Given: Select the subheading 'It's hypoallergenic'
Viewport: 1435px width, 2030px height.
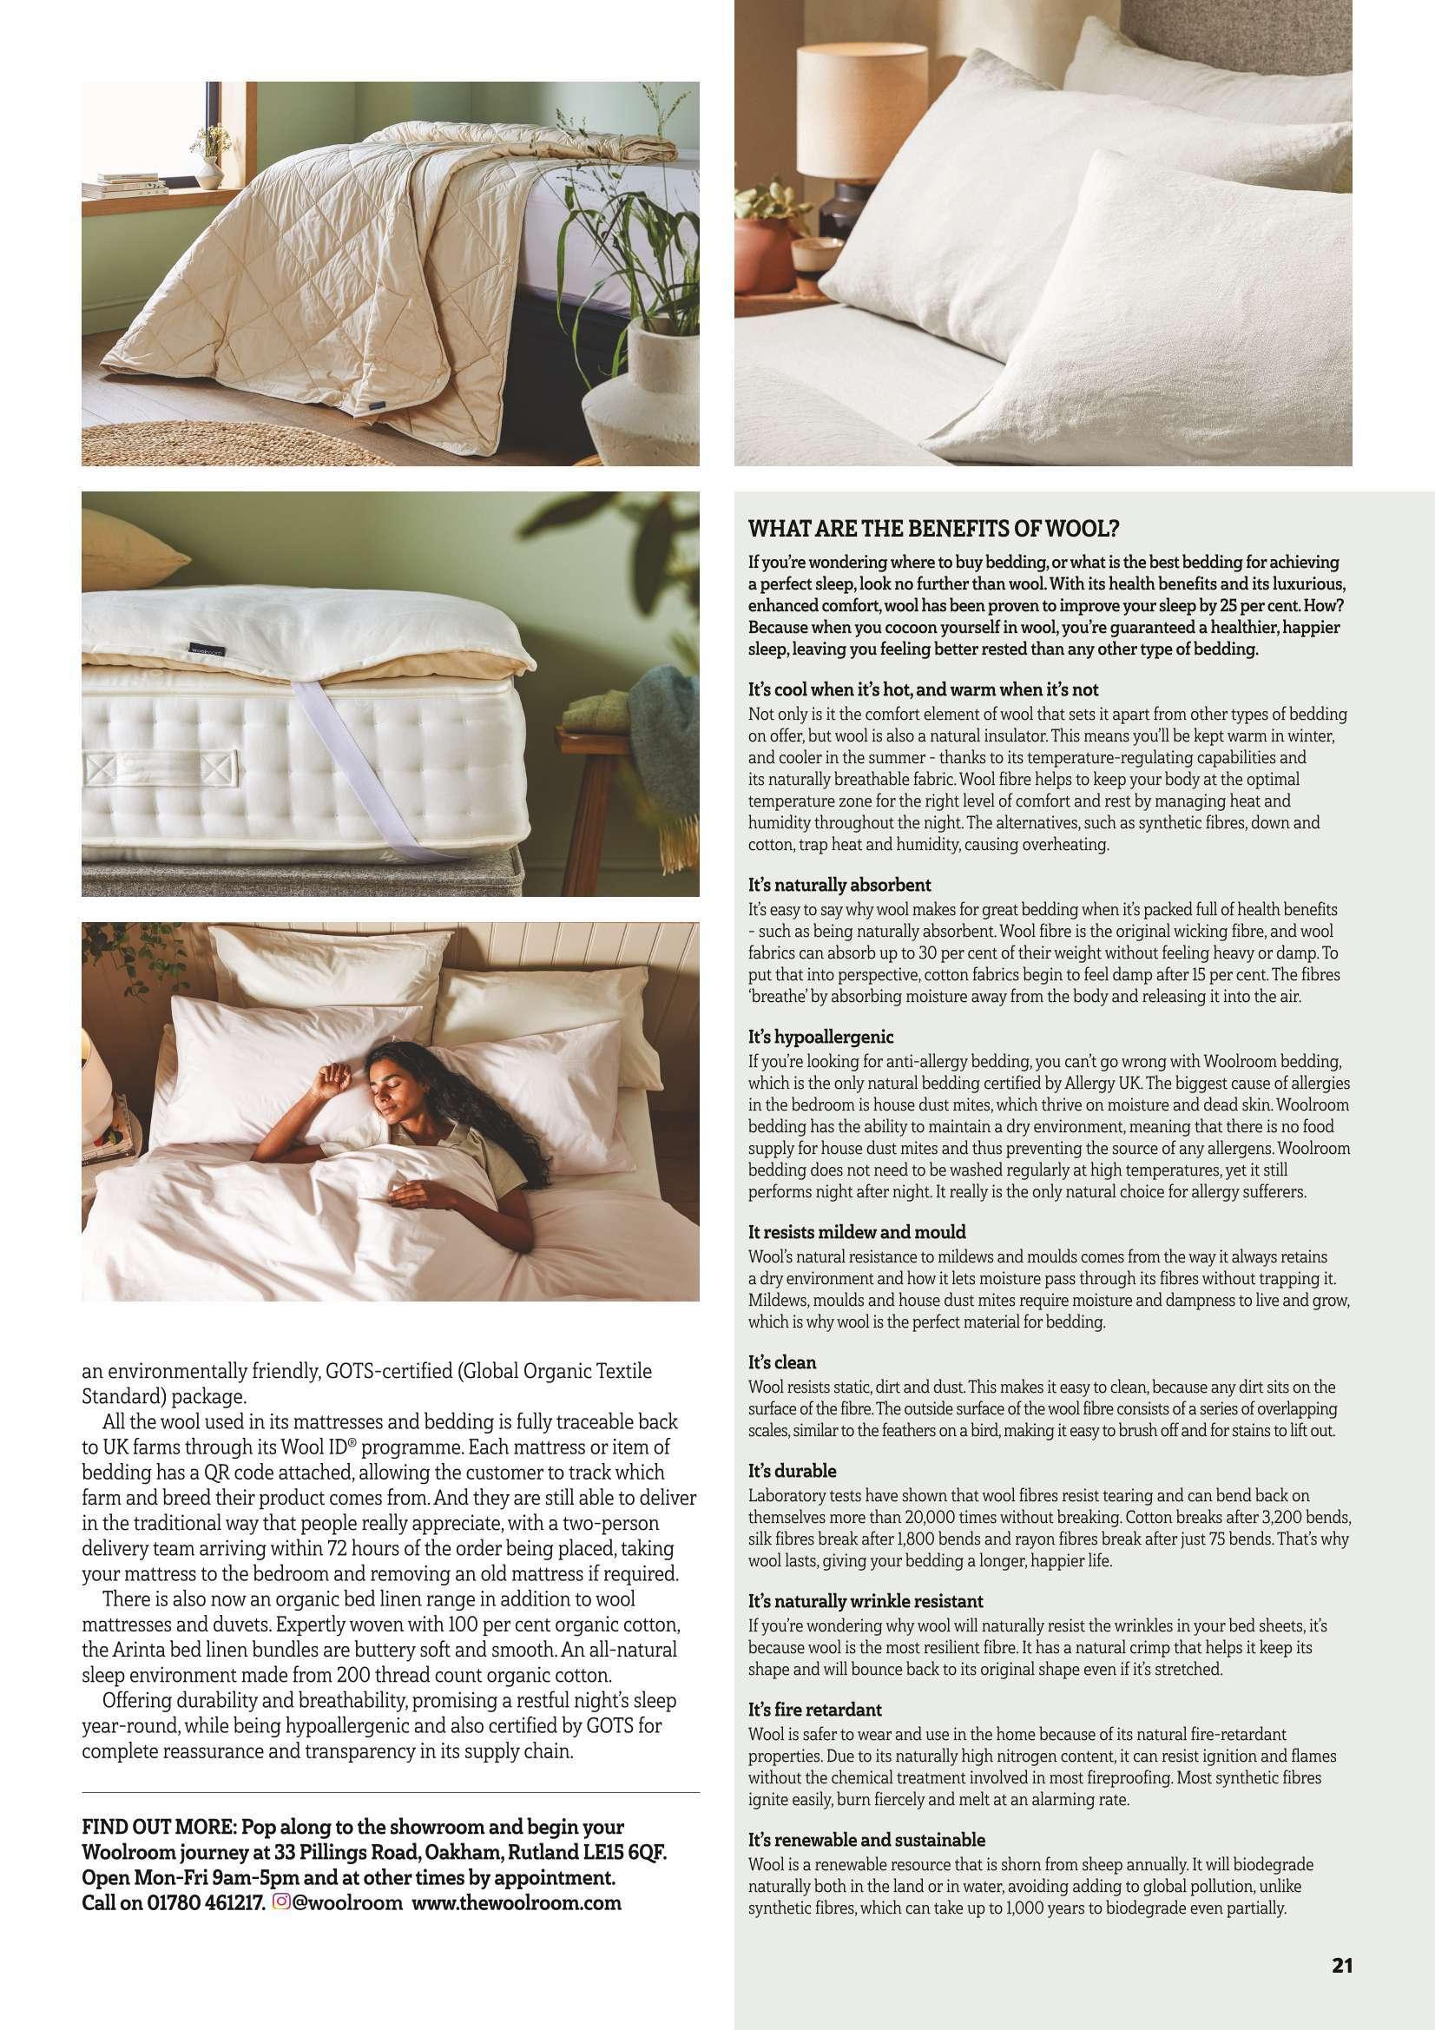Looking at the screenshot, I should [x=820, y=1036].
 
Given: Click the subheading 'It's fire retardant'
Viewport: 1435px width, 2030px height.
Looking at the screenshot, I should [x=814, y=1710].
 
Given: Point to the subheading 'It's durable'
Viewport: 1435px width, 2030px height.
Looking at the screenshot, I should [x=792, y=1471].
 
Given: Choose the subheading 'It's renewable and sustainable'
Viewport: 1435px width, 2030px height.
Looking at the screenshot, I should [x=866, y=1816].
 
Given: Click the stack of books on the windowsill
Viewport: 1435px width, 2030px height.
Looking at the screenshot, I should [x=124, y=189].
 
